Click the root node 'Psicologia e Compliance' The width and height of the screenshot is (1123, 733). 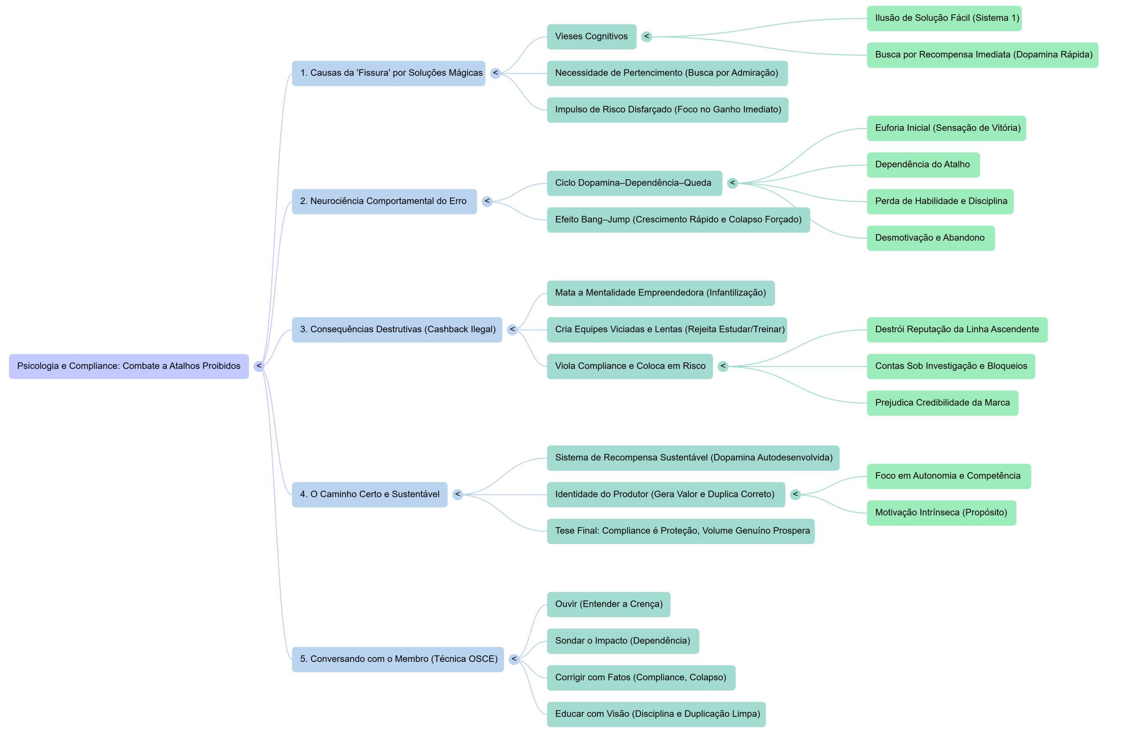[x=129, y=366]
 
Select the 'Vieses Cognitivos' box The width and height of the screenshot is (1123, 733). [x=591, y=36]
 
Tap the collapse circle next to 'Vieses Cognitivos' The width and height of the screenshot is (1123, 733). [x=647, y=36]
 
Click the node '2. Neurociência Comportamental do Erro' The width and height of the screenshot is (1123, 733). [x=383, y=201]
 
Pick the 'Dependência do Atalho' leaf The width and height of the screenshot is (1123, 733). [x=923, y=165]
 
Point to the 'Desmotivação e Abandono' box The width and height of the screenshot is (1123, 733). [x=930, y=238]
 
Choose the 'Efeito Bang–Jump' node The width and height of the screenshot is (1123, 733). [x=678, y=220]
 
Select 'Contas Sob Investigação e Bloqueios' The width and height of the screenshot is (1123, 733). [x=951, y=366]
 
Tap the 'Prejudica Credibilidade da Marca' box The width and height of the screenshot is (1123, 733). [x=942, y=403]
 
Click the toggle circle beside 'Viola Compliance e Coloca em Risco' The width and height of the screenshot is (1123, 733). [x=723, y=366]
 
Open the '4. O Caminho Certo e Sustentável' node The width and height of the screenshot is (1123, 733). [x=369, y=495]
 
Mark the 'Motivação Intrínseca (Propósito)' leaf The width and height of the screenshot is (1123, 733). [x=941, y=513]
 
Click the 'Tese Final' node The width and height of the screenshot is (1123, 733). [x=680, y=531]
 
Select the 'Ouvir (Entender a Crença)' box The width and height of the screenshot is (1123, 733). [x=608, y=604]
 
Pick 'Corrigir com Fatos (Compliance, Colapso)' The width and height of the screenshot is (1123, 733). [x=640, y=678]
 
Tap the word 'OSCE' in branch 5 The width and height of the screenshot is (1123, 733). [x=481, y=659]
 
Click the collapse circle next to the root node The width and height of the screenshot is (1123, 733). [x=258, y=366]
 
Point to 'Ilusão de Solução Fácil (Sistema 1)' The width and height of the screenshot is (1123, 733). [x=944, y=18]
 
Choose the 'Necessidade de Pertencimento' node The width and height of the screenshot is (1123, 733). [x=667, y=73]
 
